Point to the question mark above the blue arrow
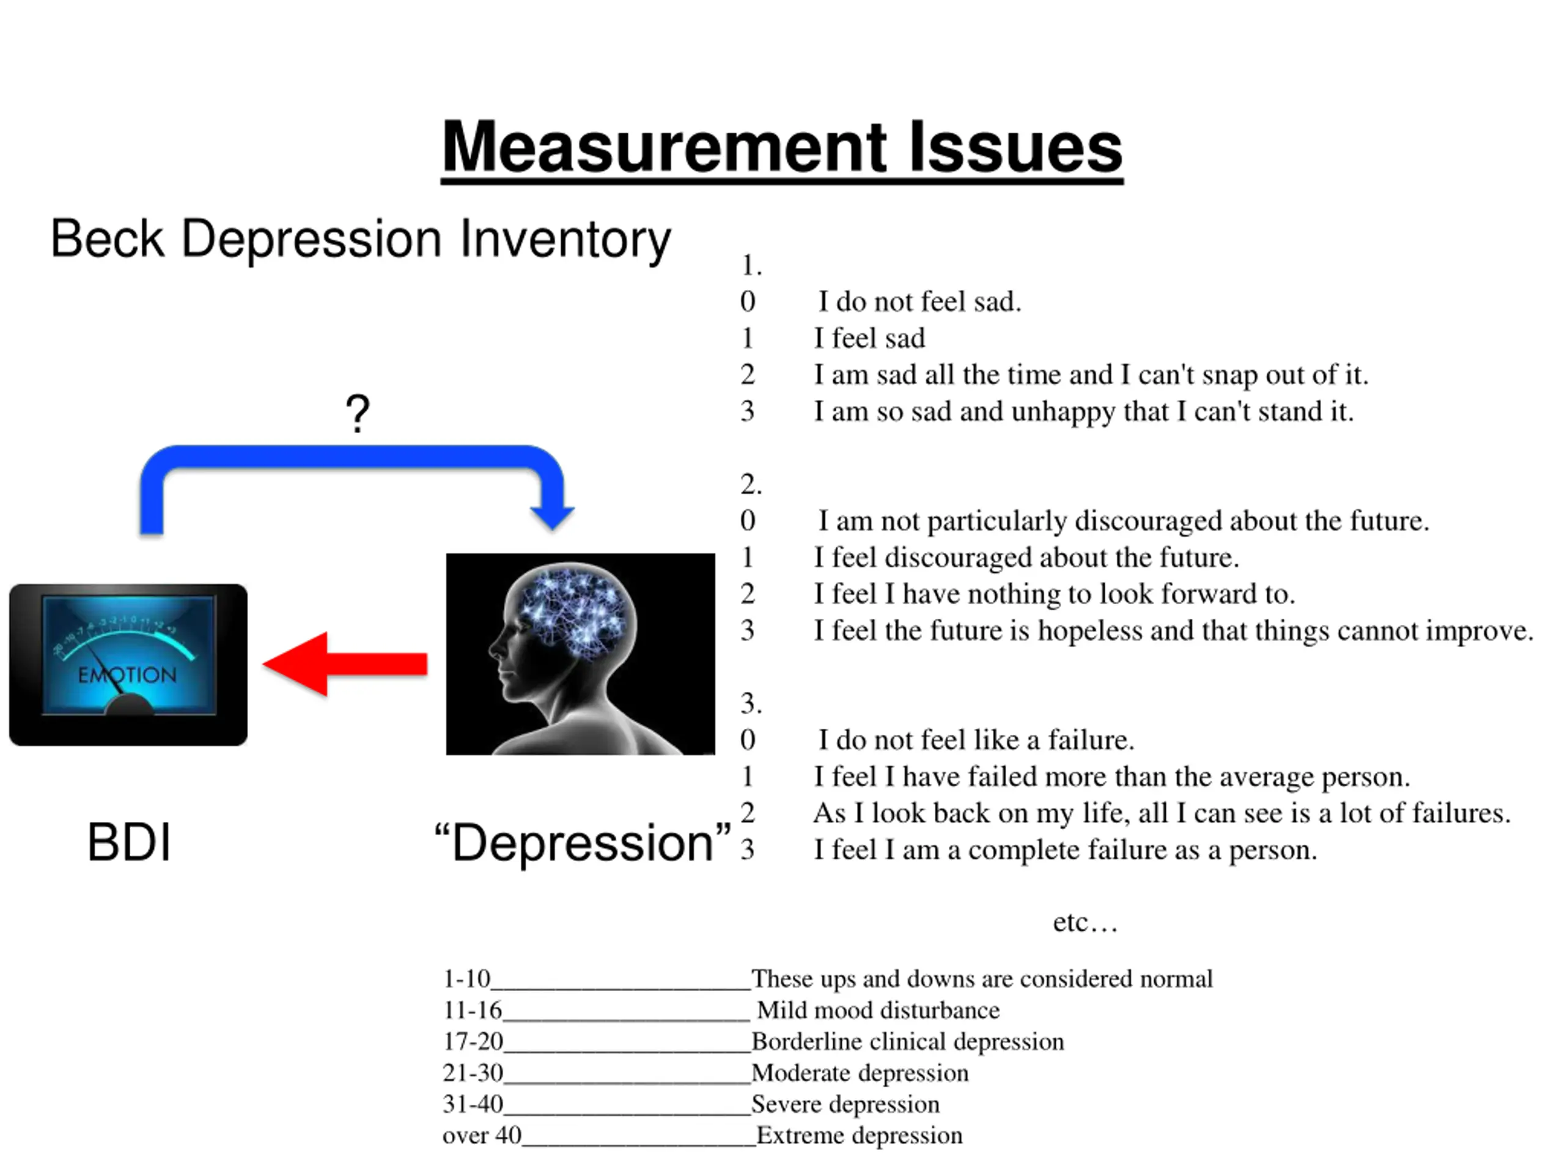click(x=358, y=413)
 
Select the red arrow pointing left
click(x=345, y=664)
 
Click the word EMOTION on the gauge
click(x=127, y=675)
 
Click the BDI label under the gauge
click(x=129, y=842)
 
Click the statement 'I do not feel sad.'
click(x=920, y=302)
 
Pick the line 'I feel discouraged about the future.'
click(x=1026, y=558)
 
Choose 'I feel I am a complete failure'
click(x=1065, y=850)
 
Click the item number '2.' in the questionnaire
click(x=751, y=485)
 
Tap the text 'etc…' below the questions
click(x=1084, y=922)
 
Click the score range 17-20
click(x=473, y=1042)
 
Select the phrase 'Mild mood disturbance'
click(x=878, y=1011)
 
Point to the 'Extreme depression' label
click(x=859, y=1136)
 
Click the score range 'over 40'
click(x=482, y=1136)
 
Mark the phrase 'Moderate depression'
click(x=860, y=1073)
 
